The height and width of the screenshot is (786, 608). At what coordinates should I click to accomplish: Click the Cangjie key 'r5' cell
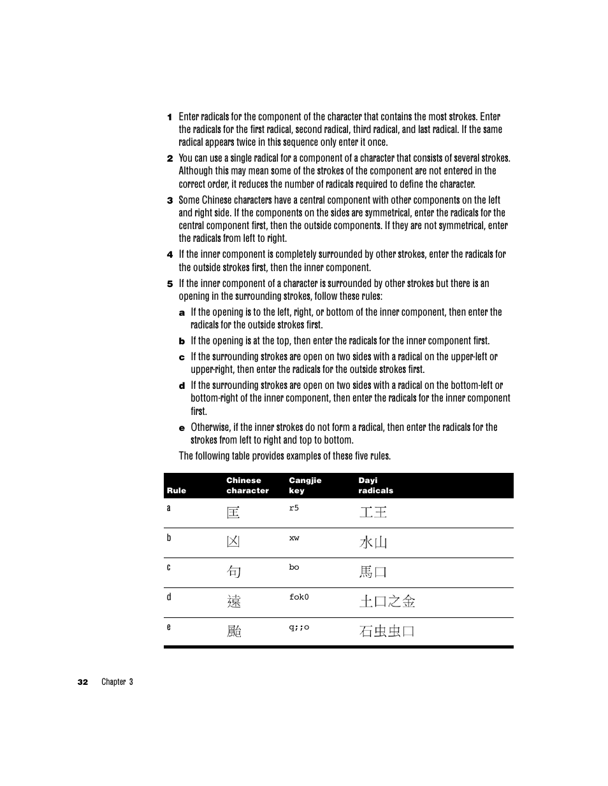pos(294,508)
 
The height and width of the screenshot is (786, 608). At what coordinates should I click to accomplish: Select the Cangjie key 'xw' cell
pos(294,538)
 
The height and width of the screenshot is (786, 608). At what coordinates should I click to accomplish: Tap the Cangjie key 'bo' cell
pos(294,567)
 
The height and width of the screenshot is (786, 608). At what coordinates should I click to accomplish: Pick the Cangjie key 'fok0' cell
pos(299,597)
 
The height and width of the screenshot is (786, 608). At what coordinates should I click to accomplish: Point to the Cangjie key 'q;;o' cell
pos(299,627)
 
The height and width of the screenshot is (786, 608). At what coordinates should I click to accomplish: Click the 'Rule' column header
pos(177,491)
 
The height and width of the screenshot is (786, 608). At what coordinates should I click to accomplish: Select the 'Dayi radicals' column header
pos(375,486)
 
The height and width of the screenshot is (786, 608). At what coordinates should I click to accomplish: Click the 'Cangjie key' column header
pos(305,486)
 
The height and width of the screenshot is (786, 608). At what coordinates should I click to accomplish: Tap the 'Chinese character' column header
pos(247,486)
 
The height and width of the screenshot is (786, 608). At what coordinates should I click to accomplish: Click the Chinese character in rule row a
pos(233,512)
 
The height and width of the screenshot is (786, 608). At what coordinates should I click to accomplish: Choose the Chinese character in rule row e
pos(234,631)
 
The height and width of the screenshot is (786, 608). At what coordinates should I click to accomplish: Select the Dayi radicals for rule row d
pos(387,601)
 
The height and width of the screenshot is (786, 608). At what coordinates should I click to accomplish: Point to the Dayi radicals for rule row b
pos(373,542)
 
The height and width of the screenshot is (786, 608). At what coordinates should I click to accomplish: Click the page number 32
pos(83,682)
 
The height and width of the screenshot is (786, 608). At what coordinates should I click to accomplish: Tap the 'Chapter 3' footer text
pos(117,682)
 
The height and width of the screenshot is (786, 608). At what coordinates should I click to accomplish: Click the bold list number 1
pos(170,117)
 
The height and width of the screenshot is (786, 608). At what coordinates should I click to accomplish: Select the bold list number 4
pos(170,255)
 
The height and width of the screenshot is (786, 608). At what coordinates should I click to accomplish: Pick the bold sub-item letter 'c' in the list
pos(182,357)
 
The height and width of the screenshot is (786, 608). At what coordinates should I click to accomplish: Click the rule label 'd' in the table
pos(169,597)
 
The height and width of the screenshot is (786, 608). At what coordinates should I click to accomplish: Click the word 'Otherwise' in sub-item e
pos(210,427)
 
